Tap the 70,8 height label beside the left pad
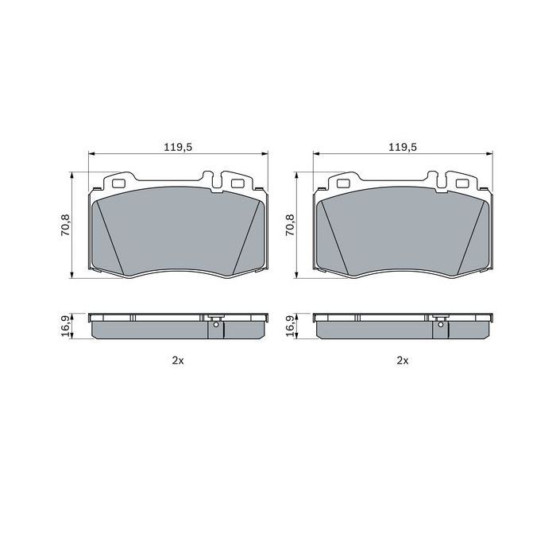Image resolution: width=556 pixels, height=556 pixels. (65, 225)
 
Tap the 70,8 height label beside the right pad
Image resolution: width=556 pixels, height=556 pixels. (290, 225)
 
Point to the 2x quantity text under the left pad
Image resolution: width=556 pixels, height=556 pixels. (178, 361)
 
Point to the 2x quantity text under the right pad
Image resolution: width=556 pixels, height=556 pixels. (403, 361)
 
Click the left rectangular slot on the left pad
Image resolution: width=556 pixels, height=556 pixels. (121, 183)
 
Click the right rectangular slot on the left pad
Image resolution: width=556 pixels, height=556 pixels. (236, 183)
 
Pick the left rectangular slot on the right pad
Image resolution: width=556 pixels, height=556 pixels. (345, 183)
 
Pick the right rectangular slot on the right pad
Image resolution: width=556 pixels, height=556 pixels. (461, 183)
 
